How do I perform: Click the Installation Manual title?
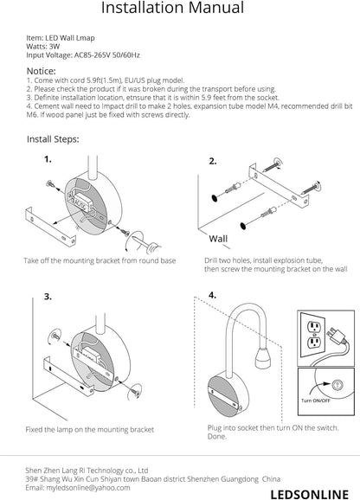click(x=172, y=7)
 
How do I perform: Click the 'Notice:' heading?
click(x=42, y=71)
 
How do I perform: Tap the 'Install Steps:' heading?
click(x=53, y=139)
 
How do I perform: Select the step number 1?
click(x=48, y=159)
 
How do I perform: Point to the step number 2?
click(x=213, y=162)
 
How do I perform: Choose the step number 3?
click(x=48, y=297)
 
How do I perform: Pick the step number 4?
click(x=212, y=295)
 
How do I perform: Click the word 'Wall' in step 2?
click(x=218, y=239)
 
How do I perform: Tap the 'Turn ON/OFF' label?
click(x=316, y=401)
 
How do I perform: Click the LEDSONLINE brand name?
click(x=309, y=494)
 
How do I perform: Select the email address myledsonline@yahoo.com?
click(x=88, y=488)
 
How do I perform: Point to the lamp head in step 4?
click(x=263, y=358)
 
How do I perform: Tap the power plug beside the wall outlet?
click(x=336, y=335)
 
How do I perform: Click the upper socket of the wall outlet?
click(x=314, y=327)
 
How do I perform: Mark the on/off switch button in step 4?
click(x=336, y=385)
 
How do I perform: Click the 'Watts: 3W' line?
click(x=43, y=47)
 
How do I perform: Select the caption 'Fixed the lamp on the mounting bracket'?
click(x=90, y=430)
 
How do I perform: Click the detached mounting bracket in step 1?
click(x=50, y=227)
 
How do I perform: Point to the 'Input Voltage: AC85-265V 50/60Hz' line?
click(x=83, y=55)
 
